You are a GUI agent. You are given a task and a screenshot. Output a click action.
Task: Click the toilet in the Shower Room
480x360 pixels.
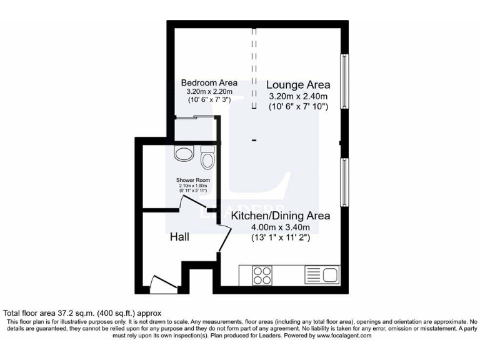pyautogui.click(x=207, y=160)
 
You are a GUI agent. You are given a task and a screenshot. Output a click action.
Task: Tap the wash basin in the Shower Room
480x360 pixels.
pyautogui.click(x=185, y=154)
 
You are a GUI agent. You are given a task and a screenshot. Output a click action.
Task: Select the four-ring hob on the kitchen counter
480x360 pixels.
pyautogui.click(x=262, y=275)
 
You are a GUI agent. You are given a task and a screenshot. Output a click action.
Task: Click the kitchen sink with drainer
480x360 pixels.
pyautogui.click(x=321, y=275)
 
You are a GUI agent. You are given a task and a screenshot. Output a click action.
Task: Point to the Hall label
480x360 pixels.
pyautogui.click(x=180, y=237)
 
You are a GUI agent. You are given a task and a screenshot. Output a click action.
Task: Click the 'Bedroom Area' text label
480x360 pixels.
pyautogui.click(x=209, y=82)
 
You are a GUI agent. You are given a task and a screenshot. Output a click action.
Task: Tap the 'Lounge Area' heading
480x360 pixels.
pyautogui.click(x=298, y=84)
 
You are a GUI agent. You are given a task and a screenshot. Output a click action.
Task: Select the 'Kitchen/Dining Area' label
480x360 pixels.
pyautogui.click(x=281, y=216)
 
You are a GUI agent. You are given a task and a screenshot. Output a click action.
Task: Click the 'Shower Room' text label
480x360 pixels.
pyautogui.click(x=192, y=180)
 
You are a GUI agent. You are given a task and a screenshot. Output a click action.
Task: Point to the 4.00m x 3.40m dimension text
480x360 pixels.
pyautogui.click(x=281, y=227)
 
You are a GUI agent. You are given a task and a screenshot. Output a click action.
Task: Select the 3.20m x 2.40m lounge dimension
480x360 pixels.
pyautogui.click(x=298, y=96)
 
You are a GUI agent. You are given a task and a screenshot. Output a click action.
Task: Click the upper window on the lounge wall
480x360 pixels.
pyautogui.click(x=343, y=82)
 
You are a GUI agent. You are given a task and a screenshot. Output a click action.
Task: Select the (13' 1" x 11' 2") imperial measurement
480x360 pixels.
pyautogui.click(x=281, y=238)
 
